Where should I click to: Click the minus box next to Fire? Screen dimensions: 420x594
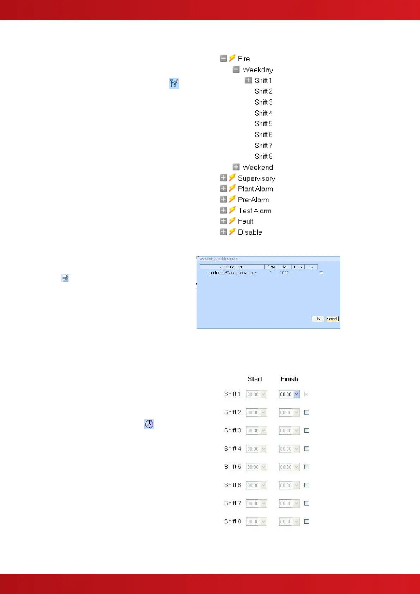(x=223, y=59)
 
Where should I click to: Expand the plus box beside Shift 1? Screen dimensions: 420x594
(x=248, y=80)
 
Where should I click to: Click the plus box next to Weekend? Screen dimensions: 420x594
(x=236, y=167)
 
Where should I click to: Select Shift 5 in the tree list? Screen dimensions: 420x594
(x=263, y=124)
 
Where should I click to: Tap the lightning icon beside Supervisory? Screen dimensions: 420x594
(x=232, y=178)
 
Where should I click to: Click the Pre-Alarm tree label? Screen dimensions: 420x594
(x=253, y=200)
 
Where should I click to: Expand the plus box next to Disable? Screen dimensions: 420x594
(x=223, y=232)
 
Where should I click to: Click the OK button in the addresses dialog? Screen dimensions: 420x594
(x=318, y=319)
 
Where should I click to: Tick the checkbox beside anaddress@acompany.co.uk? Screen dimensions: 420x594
(x=321, y=273)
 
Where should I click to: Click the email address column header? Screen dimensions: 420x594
(x=232, y=267)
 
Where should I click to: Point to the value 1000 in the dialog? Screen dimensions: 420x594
(x=284, y=273)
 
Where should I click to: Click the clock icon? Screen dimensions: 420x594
(x=149, y=424)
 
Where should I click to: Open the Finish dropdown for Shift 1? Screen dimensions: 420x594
(x=297, y=394)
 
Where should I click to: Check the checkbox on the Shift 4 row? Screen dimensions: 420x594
(x=307, y=449)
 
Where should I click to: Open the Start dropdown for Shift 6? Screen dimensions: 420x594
(x=263, y=485)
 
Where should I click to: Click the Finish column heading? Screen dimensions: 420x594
(x=289, y=379)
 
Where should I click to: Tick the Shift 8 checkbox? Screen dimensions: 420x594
(x=307, y=522)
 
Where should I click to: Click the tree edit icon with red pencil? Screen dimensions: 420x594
(x=174, y=83)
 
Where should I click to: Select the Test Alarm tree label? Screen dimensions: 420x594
(x=255, y=211)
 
